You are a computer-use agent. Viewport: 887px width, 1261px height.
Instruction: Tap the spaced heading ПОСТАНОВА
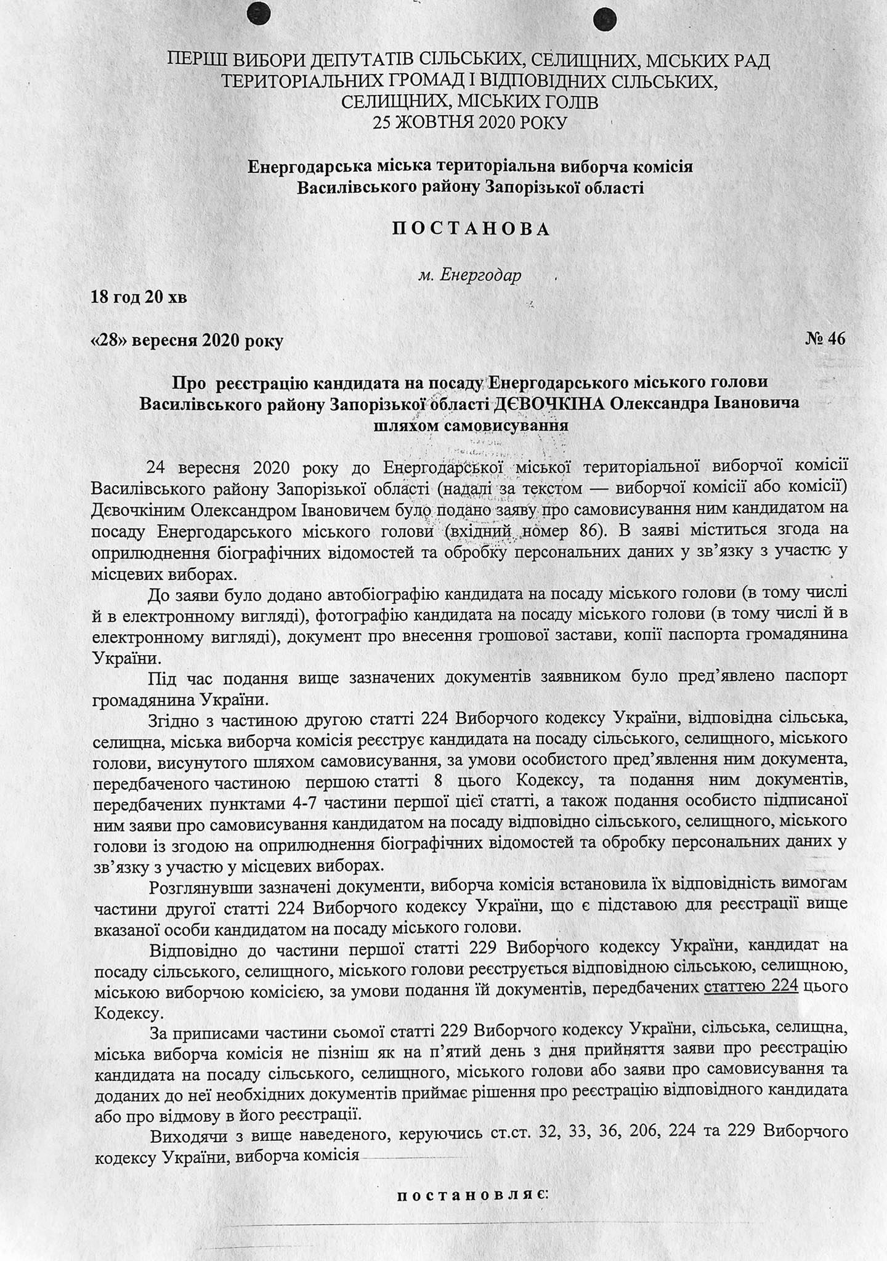471,229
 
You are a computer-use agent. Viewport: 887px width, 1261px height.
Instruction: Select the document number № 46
825,339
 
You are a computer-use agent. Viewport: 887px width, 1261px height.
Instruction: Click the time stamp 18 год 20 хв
139,298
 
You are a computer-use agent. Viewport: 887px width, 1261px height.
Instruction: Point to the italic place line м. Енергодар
469,275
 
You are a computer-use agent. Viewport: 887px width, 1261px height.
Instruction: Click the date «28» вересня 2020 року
187,340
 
